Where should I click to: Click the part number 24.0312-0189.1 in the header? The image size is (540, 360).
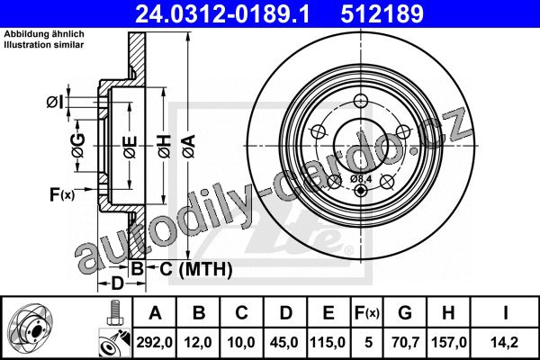coord(222,13)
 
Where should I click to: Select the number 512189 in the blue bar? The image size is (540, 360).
coord(382,13)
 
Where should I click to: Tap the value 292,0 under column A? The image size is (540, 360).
coord(155,342)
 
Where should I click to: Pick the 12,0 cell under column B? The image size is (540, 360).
coord(198,342)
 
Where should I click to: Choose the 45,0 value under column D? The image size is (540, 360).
coord(284,342)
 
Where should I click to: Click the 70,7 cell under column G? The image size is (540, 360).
coord(405,342)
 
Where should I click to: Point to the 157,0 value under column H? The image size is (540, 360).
coord(449,342)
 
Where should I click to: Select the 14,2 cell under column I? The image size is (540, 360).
coord(505,342)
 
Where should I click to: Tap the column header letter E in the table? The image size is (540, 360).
coord(328,313)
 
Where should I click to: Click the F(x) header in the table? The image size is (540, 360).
coord(367,313)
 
